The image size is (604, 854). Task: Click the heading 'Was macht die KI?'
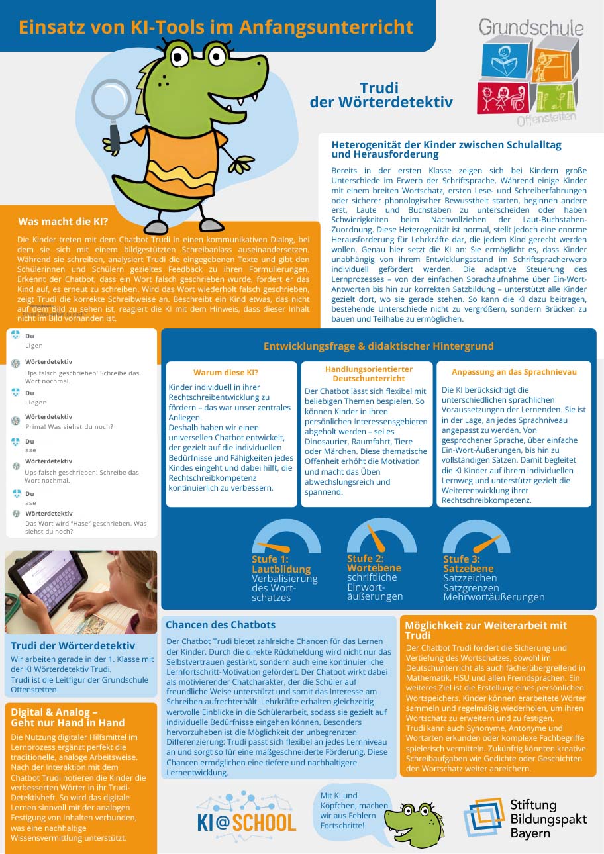point(63,222)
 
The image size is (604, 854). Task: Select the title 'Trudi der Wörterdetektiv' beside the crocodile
point(380,95)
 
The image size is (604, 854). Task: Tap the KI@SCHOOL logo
point(246,814)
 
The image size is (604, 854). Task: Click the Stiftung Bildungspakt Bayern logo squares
point(484,818)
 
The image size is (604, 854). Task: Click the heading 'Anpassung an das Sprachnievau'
point(514,372)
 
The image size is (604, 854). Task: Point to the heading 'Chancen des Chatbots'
point(221,624)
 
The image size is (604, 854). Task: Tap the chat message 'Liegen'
point(36,402)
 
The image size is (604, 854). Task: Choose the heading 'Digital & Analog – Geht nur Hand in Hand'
point(68,717)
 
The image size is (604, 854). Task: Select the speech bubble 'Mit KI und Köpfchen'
point(346,810)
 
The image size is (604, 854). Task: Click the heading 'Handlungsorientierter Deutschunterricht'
point(368,373)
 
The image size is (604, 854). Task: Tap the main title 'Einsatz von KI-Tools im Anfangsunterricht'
point(216,27)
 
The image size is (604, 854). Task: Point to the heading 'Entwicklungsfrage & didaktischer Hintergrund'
point(378,346)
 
